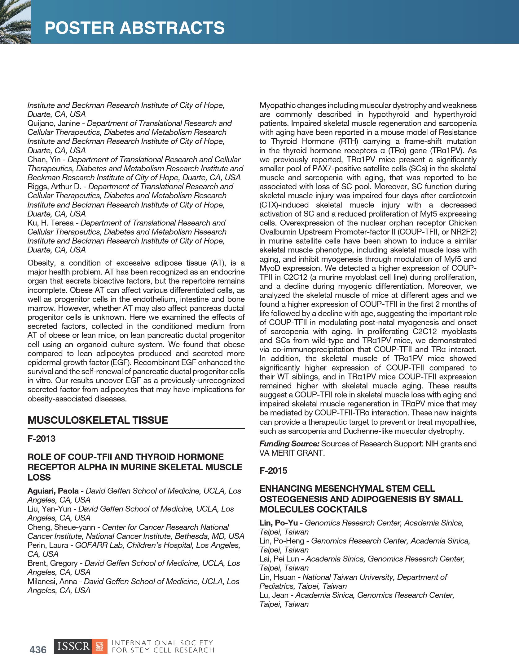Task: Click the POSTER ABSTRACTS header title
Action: pos(134,28)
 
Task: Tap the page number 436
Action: pos(38,650)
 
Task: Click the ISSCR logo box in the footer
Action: pos(81,647)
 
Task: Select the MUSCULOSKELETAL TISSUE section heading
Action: pos(98,420)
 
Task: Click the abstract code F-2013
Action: pos(42,439)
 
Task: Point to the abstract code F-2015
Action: pos(273,471)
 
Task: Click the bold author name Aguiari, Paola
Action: pos(53,491)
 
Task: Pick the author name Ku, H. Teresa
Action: pos(51,223)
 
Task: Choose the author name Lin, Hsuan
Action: pos(277,577)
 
